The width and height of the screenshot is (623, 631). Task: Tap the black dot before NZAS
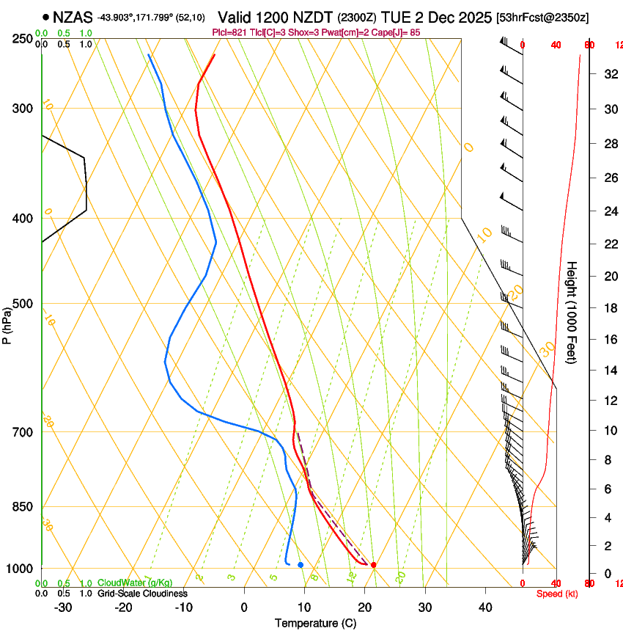[46, 17]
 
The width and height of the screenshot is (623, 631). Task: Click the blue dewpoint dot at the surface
[301, 564]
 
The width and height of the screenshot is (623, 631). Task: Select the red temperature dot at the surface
[374, 564]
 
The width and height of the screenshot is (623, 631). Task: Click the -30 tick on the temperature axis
[63, 608]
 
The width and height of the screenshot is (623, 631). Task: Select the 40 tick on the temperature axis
[485, 608]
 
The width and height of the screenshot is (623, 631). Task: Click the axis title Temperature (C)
[315, 623]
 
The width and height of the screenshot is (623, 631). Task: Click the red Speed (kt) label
[557, 594]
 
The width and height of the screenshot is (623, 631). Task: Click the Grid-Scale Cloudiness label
[142, 594]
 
